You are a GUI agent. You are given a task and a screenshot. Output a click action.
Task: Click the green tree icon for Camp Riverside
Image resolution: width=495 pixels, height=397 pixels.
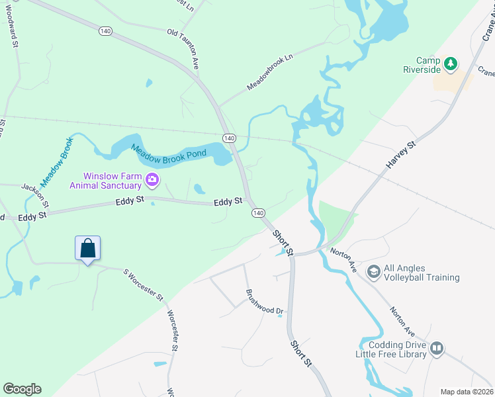pos(451,64)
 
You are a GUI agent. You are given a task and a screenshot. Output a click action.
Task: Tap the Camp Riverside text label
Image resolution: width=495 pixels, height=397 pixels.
pos(422,64)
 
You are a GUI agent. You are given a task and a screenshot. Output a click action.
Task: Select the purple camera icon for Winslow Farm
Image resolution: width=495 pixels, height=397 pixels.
pos(153,179)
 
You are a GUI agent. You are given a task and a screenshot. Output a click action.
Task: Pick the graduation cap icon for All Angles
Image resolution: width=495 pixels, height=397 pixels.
pos(373,272)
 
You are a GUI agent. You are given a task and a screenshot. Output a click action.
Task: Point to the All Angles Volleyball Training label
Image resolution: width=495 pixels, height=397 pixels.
pos(422,273)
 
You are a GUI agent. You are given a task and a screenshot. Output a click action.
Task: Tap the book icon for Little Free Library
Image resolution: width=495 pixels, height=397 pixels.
pos(436,348)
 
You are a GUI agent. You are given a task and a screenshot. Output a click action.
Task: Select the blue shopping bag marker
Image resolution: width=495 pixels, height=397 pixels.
pos(88,249)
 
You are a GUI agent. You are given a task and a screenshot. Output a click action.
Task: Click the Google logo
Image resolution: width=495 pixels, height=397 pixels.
pos(22,389)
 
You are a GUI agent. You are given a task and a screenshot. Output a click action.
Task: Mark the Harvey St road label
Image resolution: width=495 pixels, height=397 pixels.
pos(402,154)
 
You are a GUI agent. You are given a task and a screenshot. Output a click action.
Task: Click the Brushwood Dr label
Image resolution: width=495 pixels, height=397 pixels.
pos(264,301)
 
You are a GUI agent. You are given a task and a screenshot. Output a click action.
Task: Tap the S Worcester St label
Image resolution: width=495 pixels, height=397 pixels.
pos(143,285)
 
